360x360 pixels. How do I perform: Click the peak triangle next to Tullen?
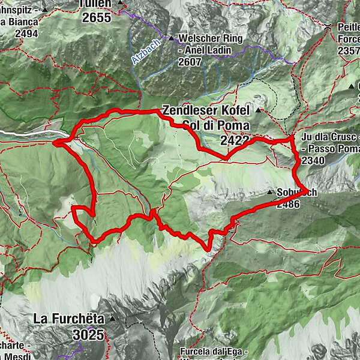[x=120, y=3]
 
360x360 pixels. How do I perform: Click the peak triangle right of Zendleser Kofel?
[x=259, y=111]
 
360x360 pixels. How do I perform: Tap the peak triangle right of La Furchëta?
[x=127, y=317]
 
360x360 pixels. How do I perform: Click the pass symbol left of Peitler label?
[x=328, y=27]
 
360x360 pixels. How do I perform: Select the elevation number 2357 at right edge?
[x=348, y=52]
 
